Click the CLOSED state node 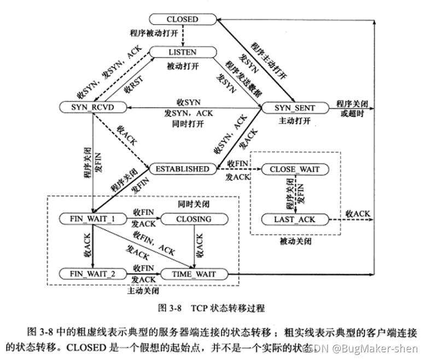(x=182, y=19)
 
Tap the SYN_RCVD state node (x=92, y=108)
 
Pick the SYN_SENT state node (x=295, y=108)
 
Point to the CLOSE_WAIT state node (x=295, y=169)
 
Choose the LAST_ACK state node (x=295, y=220)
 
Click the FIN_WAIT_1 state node (x=92, y=220)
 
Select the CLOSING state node (x=194, y=220)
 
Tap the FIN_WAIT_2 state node (x=92, y=273)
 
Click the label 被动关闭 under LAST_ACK (x=295, y=241)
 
